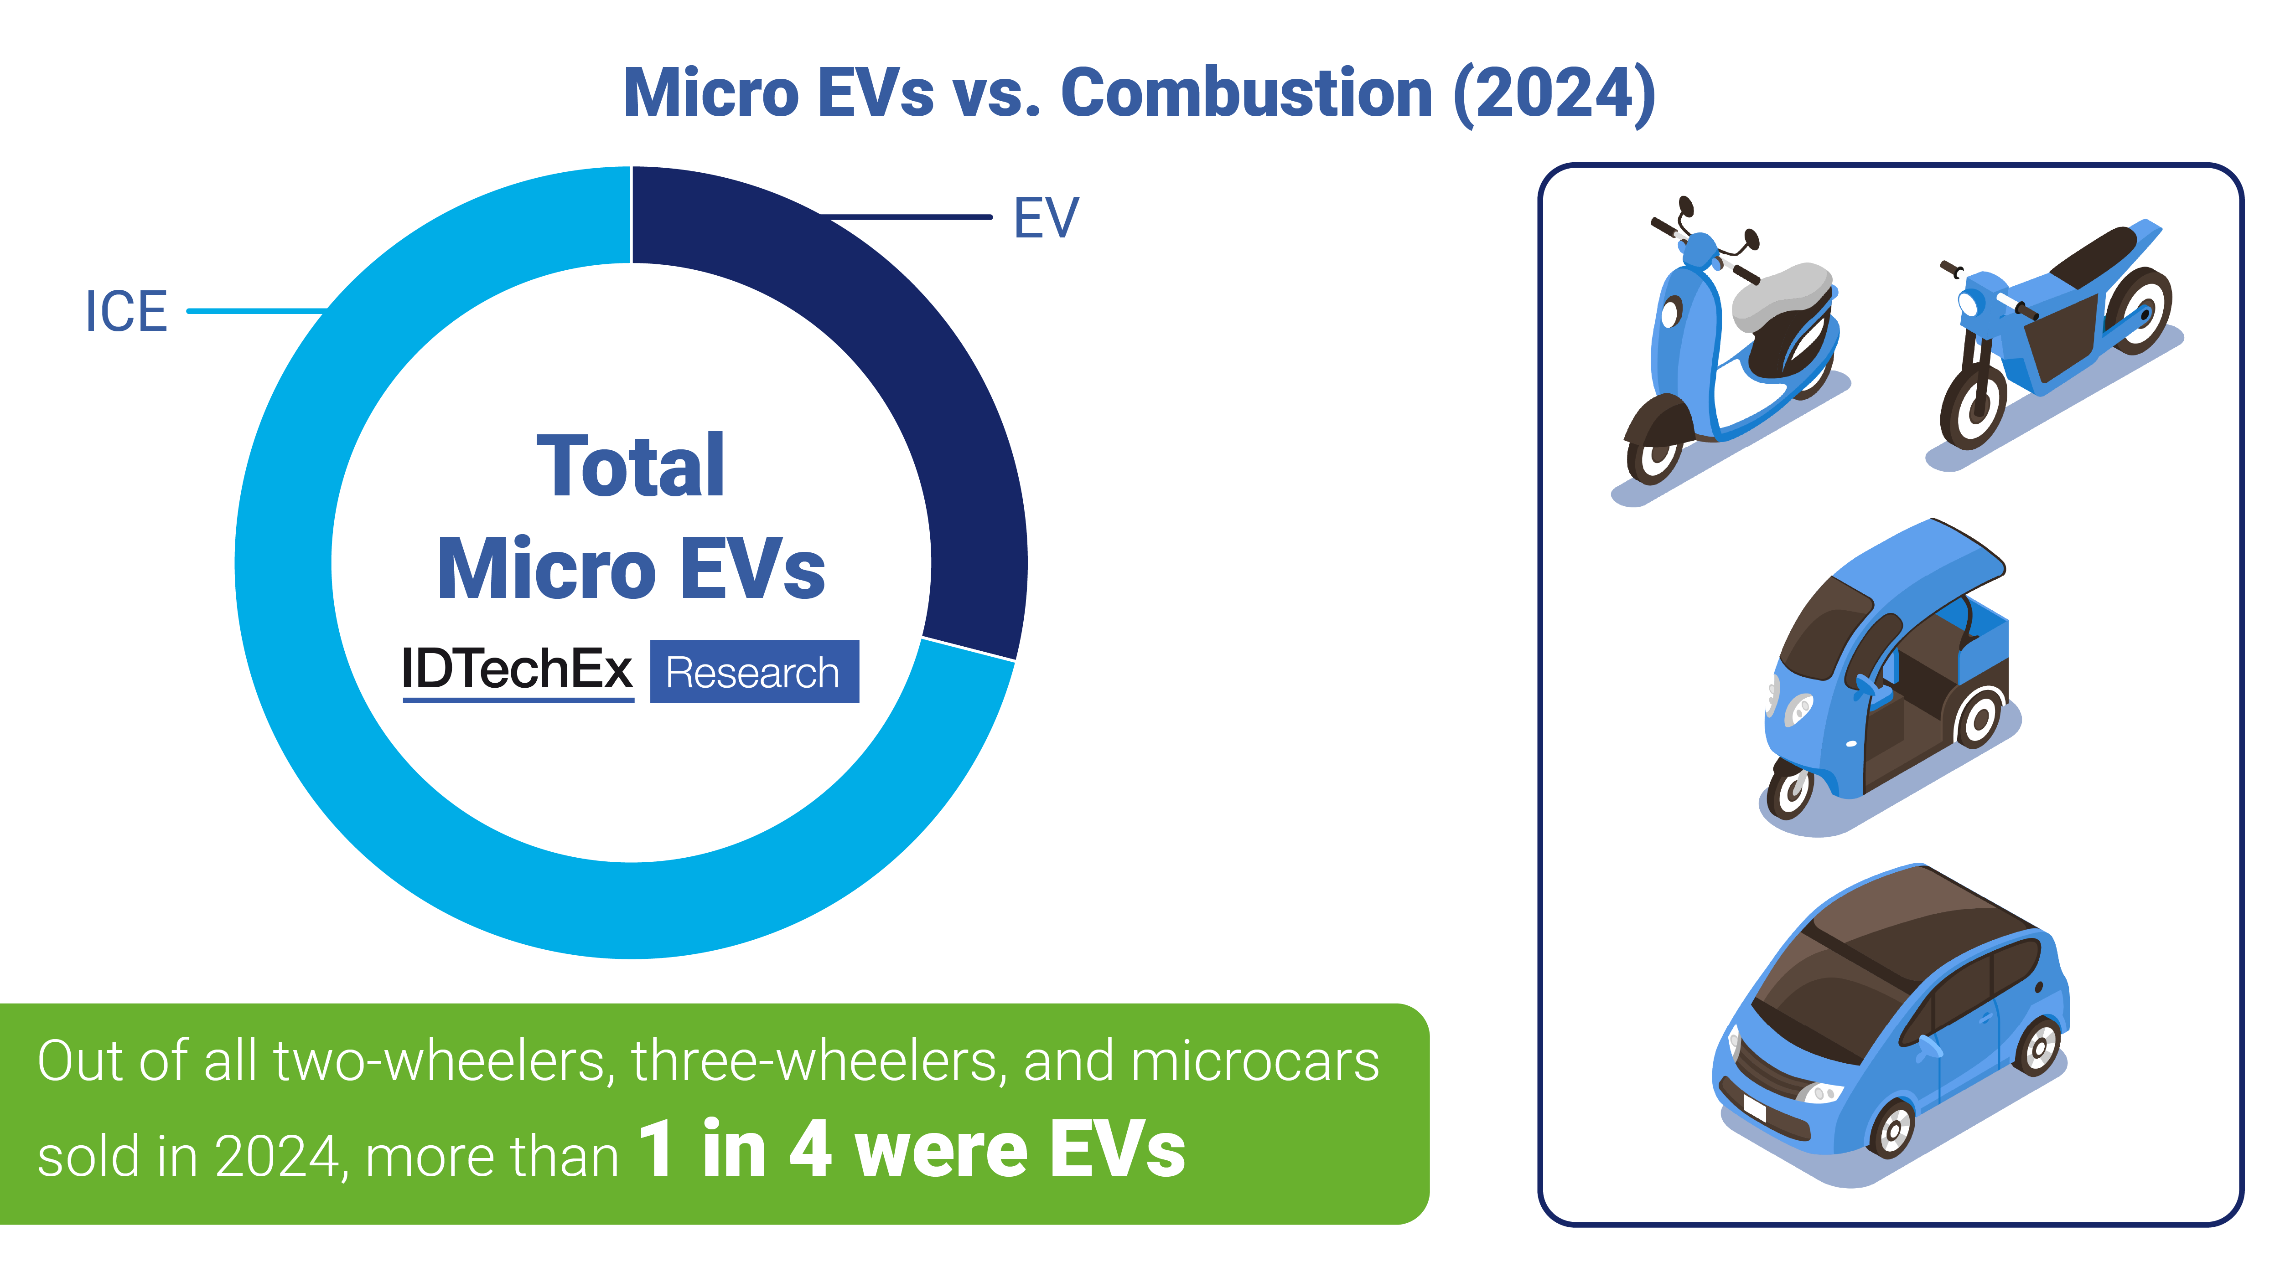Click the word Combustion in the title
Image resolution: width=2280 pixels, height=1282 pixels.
pyautogui.click(x=1246, y=93)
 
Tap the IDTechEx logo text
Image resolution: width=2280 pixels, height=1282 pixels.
pyautogui.click(x=518, y=670)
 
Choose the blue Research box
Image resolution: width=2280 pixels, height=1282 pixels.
pyautogui.click(x=754, y=671)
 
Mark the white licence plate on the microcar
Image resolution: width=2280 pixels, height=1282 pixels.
pyautogui.click(x=1753, y=1106)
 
